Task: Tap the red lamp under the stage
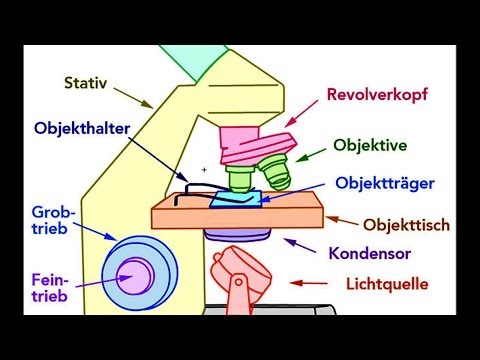point(237,268)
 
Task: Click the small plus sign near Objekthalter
point(204,170)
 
